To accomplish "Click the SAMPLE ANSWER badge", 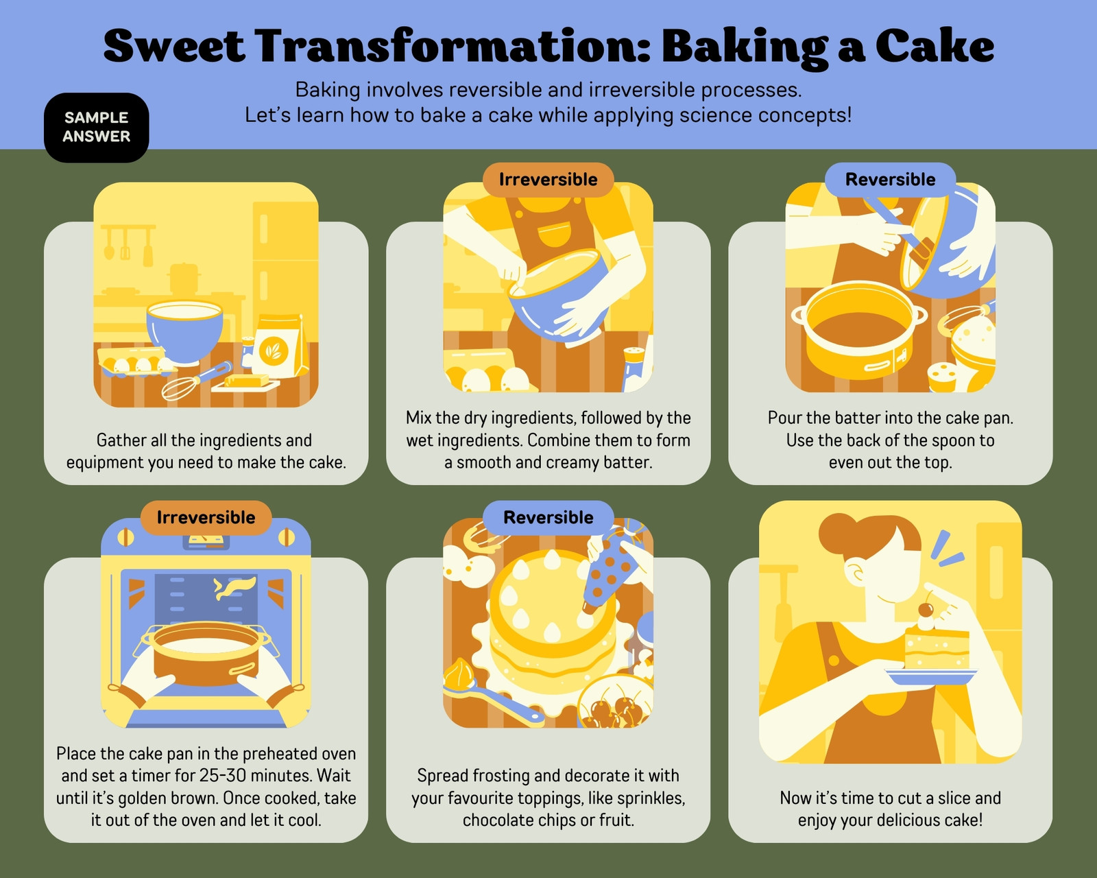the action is click(x=97, y=128).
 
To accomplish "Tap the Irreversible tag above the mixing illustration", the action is click(x=548, y=180).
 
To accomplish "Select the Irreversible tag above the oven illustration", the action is click(x=206, y=517).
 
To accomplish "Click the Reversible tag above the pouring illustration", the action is click(x=890, y=180).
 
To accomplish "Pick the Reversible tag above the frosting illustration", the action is click(x=548, y=517).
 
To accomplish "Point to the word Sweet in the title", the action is click(x=174, y=47).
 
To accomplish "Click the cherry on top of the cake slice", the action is click(x=926, y=609).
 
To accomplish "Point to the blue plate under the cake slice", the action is click(x=931, y=677).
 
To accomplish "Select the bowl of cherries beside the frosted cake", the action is click(x=615, y=702).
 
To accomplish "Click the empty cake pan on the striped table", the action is click(x=860, y=329).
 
